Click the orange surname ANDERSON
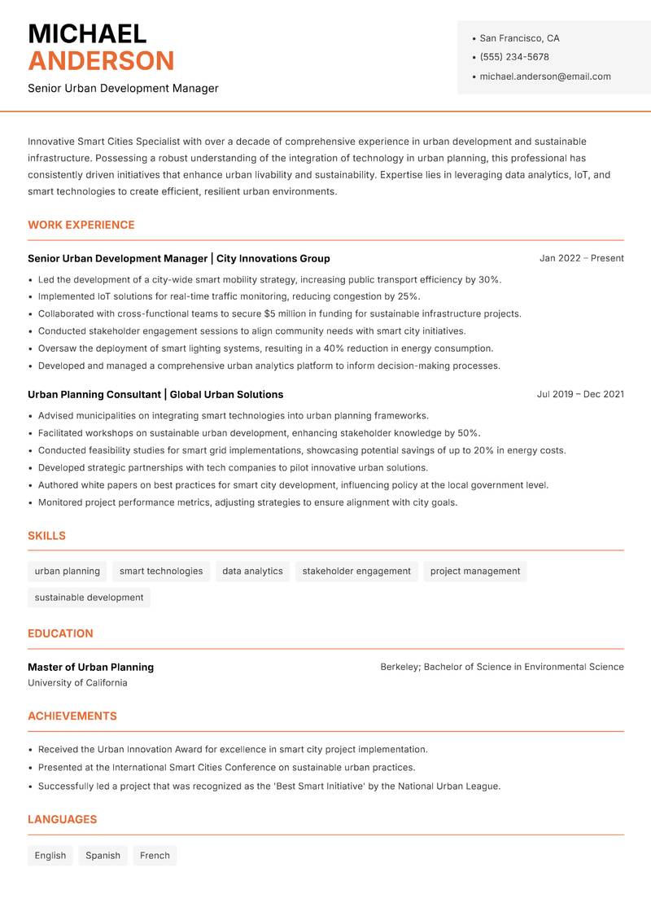[x=101, y=61]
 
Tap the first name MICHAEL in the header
[x=87, y=33]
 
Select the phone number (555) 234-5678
[x=514, y=57]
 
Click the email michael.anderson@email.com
[x=545, y=77]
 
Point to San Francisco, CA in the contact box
[x=519, y=38]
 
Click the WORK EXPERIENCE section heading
[x=81, y=225]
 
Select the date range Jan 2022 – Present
[x=581, y=258]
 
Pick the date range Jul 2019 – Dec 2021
[x=580, y=394]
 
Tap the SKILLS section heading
[x=46, y=536]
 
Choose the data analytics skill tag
[x=252, y=572]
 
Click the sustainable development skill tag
[x=89, y=598]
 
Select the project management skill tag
[x=475, y=572]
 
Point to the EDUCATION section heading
[x=60, y=633]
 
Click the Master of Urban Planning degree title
[x=90, y=667]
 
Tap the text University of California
[x=77, y=683]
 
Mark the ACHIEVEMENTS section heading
[x=72, y=716]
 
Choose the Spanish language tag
[x=103, y=856]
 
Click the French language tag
[x=155, y=856]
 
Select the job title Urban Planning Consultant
[x=94, y=394]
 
